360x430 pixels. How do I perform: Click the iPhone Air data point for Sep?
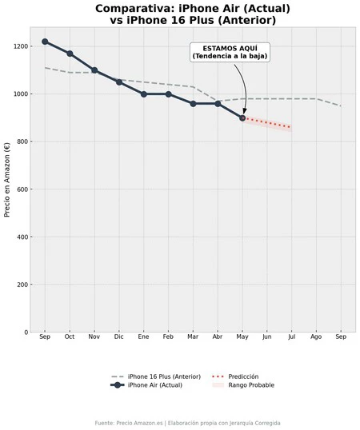pos(45,42)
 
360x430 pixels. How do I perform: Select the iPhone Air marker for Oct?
pos(70,54)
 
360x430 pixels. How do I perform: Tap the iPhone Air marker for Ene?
pos(144,94)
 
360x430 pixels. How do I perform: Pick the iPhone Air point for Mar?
pos(193,104)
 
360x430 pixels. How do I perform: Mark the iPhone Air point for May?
pos(242,117)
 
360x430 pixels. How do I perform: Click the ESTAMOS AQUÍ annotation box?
pos(230,52)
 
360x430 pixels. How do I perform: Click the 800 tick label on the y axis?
pos(21,141)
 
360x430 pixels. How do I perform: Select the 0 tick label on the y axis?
pos(26,332)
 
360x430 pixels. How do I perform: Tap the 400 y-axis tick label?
pos(21,237)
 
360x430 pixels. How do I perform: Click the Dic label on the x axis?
pos(119,338)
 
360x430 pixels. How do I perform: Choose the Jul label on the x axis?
pos(291,338)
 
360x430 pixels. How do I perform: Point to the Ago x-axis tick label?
pos(316,338)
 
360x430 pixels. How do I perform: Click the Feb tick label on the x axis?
pos(168,338)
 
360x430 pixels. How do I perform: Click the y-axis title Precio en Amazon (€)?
pos(7,180)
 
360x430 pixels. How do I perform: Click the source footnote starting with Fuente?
pos(187,423)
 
